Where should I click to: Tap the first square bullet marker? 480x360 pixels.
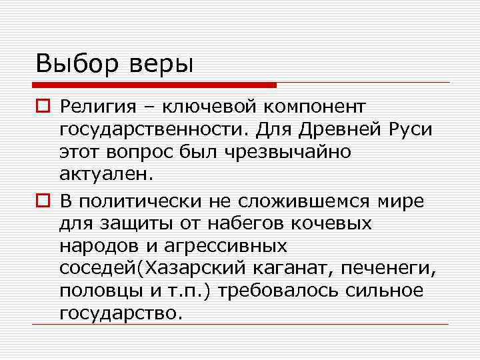tap(43, 106)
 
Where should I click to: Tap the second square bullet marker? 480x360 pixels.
tap(43, 201)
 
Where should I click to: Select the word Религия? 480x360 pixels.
tap(98, 107)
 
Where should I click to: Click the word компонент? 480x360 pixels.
tap(318, 107)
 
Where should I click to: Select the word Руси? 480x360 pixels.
tap(409, 129)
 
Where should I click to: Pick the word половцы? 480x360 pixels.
tap(100, 292)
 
